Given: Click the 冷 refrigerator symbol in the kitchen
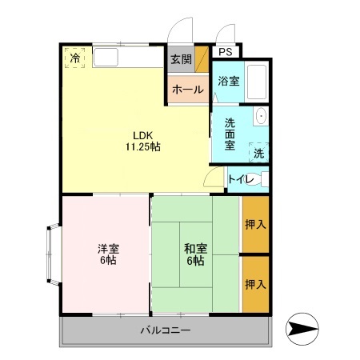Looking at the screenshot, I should pyautogui.click(x=74, y=58).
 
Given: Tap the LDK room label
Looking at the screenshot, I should pyautogui.click(x=142, y=134).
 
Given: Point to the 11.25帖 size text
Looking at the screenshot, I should pyautogui.click(x=142, y=146).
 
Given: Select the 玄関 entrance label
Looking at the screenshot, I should pyautogui.click(x=180, y=59).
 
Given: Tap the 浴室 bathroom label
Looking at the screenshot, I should pyautogui.click(x=228, y=81).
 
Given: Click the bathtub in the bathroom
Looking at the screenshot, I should pyautogui.click(x=255, y=81).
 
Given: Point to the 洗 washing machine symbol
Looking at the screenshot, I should pyautogui.click(x=258, y=152).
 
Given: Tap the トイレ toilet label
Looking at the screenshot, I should pyautogui.click(x=241, y=179).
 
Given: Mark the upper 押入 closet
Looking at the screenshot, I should pyautogui.click(x=254, y=225).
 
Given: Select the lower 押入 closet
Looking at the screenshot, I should pyautogui.click(x=254, y=284).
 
